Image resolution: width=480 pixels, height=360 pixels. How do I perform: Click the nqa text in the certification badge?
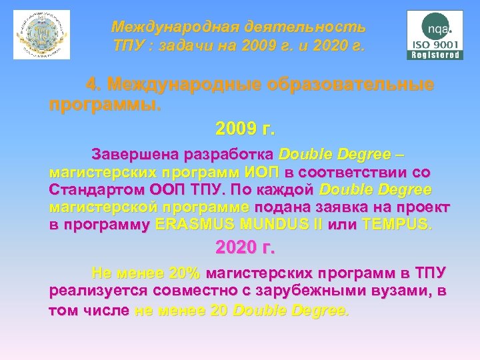coord(437,29)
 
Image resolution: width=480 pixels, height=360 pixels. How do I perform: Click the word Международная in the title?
coord(170,27)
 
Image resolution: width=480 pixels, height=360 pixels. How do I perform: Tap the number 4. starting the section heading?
coord(94,85)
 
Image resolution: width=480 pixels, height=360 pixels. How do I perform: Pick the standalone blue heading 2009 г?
coord(245,127)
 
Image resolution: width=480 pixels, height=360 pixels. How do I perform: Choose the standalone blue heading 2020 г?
coord(245,248)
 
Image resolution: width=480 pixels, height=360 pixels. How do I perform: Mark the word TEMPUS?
coord(396,224)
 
